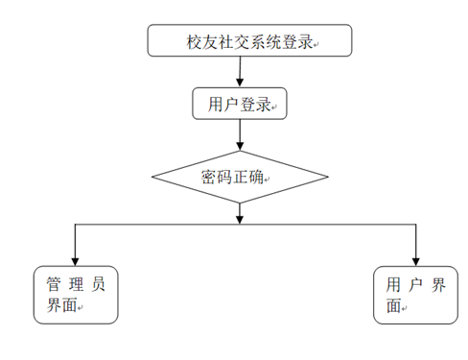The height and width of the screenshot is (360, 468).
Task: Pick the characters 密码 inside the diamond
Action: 217,178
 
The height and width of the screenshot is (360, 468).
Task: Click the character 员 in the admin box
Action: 99,285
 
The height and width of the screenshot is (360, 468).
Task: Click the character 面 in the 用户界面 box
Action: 393,306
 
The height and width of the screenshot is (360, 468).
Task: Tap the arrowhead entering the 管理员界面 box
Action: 74,259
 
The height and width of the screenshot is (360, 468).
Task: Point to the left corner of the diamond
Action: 153,178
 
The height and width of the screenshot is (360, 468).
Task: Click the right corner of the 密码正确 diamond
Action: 327,178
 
